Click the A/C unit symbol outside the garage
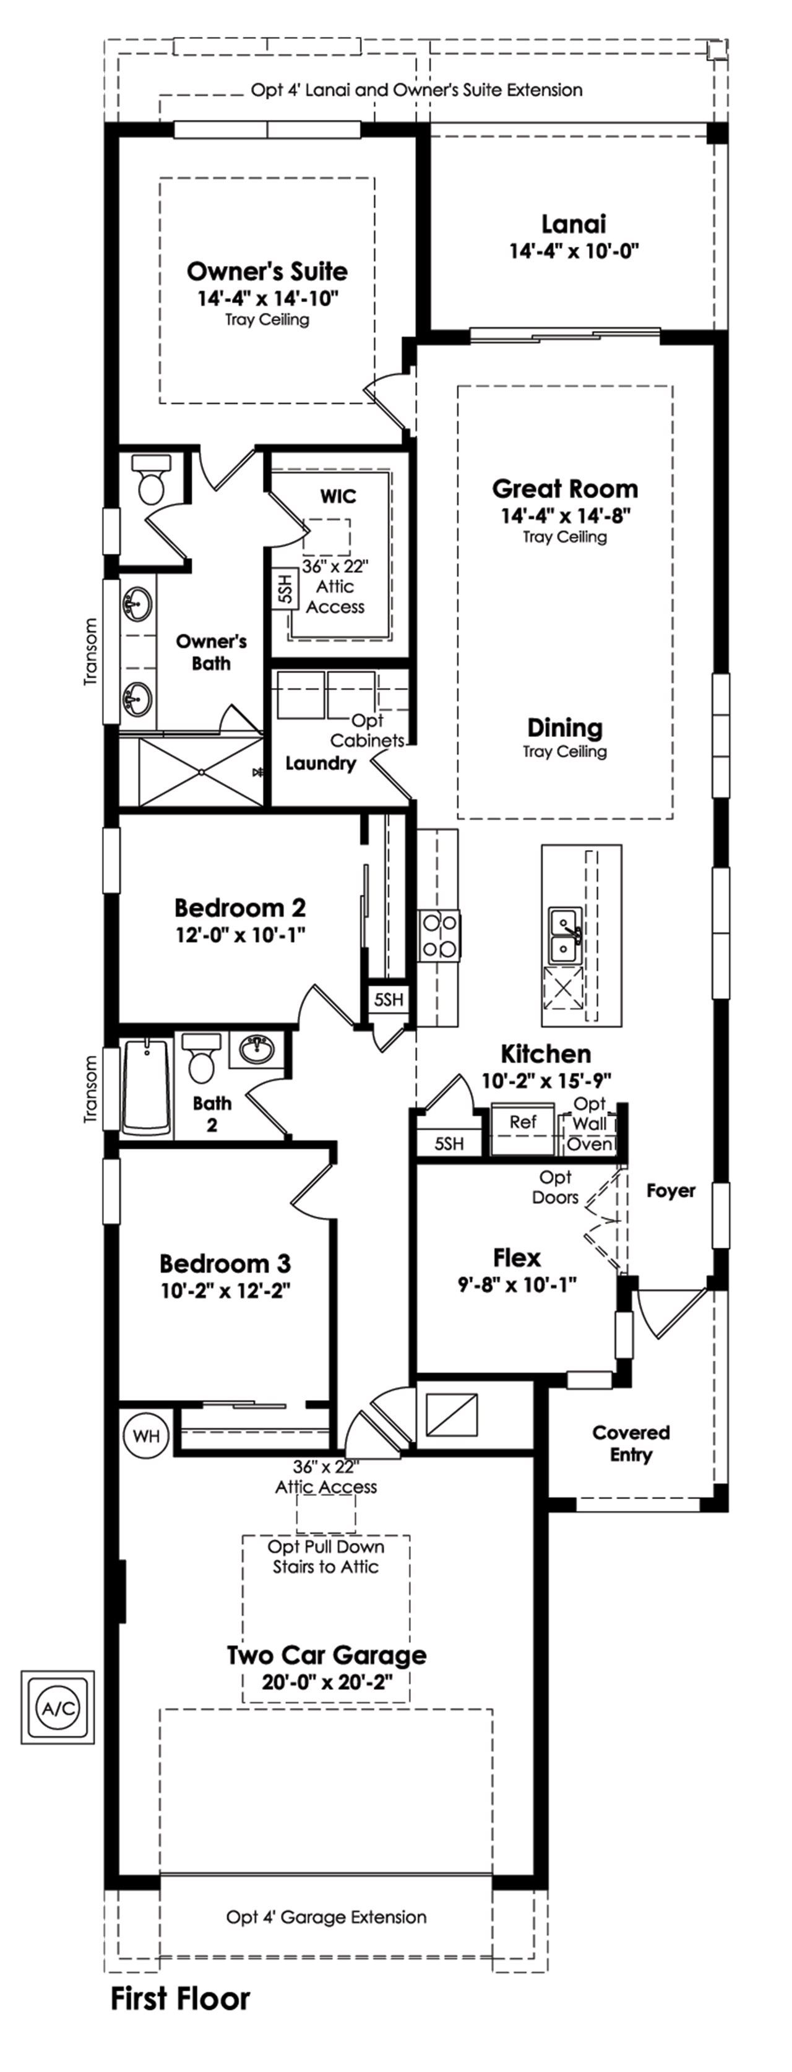click(x=57, y=1707)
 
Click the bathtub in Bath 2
click(x=147, y=1086)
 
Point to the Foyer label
click(x=671, y=1190)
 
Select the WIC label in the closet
click(x=338, y=496)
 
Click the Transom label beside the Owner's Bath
click(x=90, y=651)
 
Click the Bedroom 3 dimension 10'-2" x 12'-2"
click(x=225, y=1291)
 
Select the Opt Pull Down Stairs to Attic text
click(x=325, y=1557)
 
